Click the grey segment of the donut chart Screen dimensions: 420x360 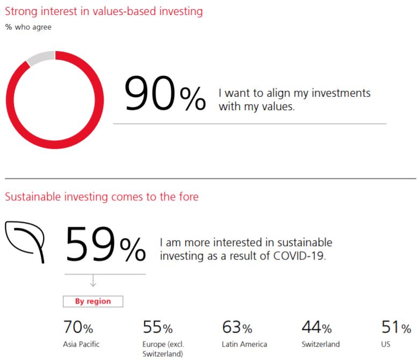(x=41, y=57)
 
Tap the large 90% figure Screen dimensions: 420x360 (x=165, y=93)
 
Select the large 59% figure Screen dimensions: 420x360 (x=105, y=244)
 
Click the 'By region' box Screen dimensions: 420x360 (x=93, y=301)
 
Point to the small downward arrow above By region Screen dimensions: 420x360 (x=93, y=280)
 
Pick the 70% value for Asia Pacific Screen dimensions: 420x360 (x=78, y=327)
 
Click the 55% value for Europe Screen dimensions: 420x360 (x=157, y=327)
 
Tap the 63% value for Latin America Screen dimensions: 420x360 (x=237, y=327)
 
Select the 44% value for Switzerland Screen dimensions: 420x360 (x=316, y=327)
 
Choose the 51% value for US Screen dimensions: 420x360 (x=396, y=327)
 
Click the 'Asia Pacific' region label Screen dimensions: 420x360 (x=81, y=344)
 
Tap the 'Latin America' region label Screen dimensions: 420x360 (x=244, y=344)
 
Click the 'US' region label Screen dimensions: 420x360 (x=386, y=344)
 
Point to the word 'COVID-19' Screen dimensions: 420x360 (x=300, y=256)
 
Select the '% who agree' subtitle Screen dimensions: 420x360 (x=28, y=27)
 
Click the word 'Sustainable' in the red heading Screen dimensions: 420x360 (x=33, y=197)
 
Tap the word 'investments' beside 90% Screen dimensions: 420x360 (x=341, y=93)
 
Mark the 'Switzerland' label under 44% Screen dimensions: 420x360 (x=321, y=344)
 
